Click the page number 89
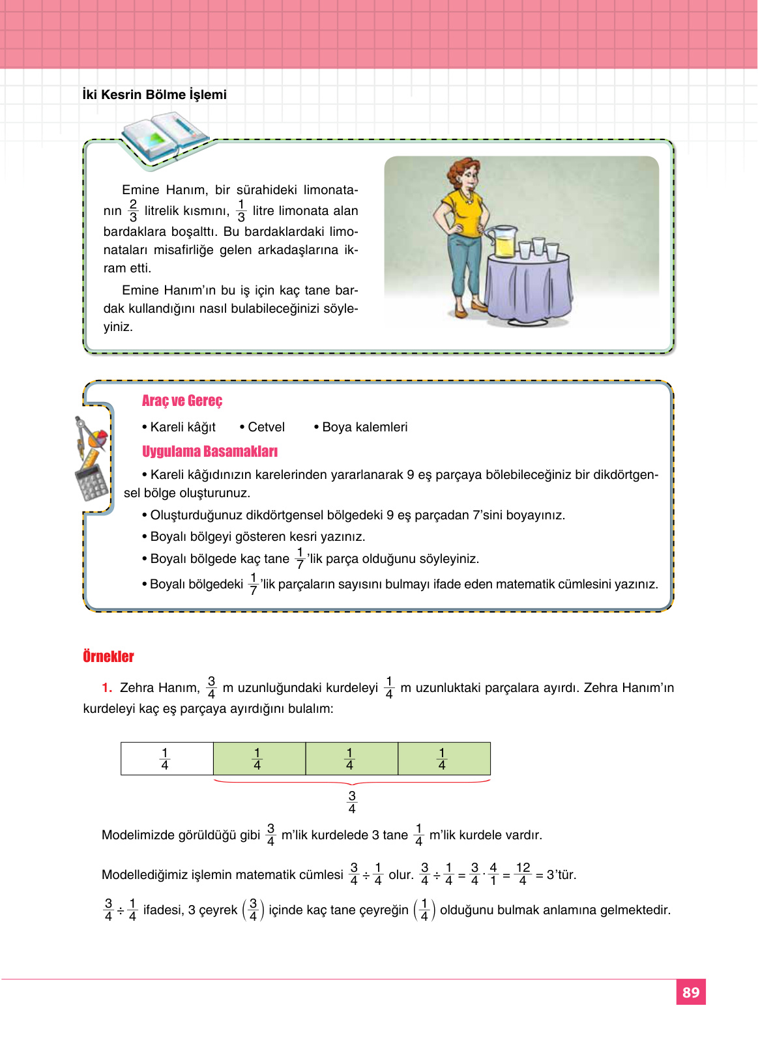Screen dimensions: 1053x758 691,992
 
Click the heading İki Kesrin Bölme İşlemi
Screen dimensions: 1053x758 154,94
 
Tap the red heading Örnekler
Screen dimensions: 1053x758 108,656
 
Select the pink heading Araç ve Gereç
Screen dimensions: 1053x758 182,401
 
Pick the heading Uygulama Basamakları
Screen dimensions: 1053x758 209,452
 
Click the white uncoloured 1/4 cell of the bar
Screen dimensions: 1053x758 167,758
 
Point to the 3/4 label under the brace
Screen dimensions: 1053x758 352,802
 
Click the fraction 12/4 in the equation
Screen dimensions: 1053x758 523,874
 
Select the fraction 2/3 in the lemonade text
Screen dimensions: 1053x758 133,210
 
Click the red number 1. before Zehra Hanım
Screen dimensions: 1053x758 107,687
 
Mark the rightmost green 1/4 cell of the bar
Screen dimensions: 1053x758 443,758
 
